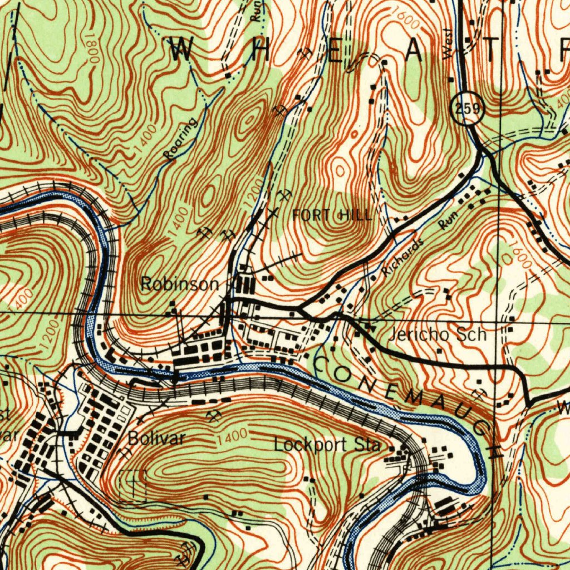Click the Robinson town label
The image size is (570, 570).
[x=179, y=284]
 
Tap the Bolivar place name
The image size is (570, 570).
[x=156, y=438]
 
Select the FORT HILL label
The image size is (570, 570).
[x=332, y=215]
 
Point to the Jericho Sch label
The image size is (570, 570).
[x=437, y=335]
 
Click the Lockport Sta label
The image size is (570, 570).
[x=327, y=445]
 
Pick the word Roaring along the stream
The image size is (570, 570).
[x=181, y=140]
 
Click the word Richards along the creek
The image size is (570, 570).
[x=404, y=258]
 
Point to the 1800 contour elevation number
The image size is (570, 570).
[x=92, y=52]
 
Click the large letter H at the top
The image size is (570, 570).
[x=260, y=51]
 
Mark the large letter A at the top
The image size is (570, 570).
[x=415, y=51]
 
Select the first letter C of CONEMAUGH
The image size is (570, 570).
[x=323, y=366]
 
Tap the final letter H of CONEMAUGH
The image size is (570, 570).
[x=494, y=450]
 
